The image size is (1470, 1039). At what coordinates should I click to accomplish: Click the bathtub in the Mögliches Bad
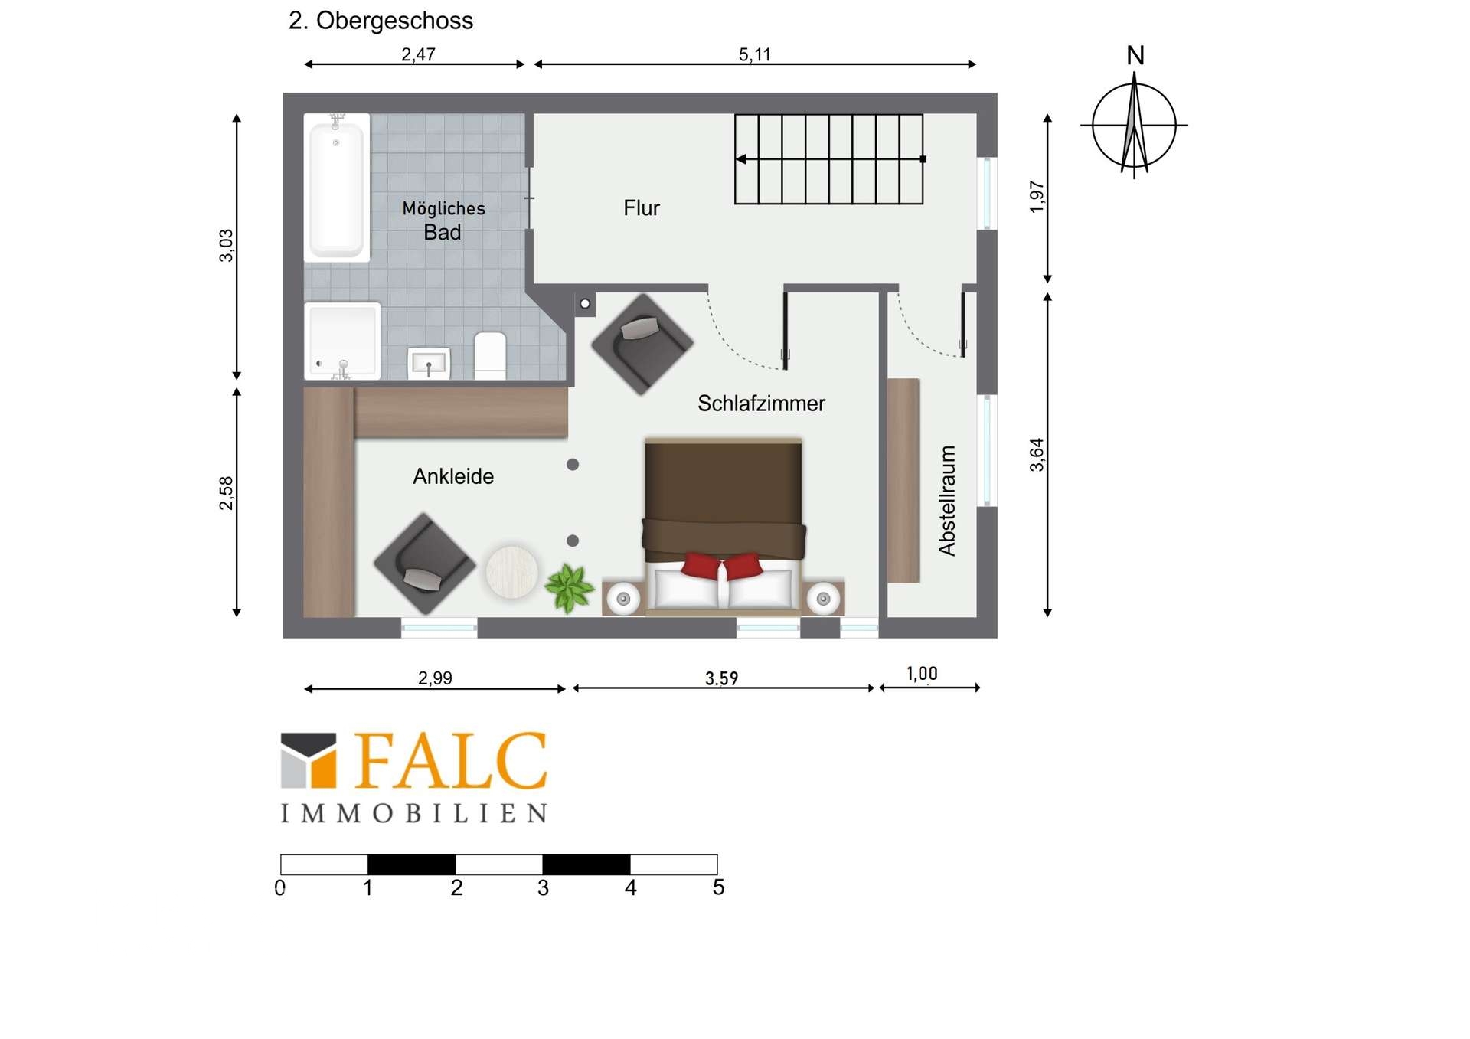point(337,188)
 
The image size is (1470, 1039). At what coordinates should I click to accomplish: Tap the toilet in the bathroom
point(490,355)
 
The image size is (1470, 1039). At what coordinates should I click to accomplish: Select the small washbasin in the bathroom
point(429,363)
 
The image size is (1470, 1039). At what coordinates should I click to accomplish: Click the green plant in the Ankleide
point(569,588)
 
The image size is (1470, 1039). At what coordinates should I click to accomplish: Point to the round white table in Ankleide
point(511,570)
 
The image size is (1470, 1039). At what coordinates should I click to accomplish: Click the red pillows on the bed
point(722,567)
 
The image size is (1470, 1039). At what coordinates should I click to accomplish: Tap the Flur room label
point(642,208)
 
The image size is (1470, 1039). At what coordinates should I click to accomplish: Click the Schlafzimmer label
point(761,404)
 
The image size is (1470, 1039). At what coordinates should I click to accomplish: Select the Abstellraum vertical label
point(947,501)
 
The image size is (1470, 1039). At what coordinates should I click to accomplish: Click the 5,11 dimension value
point(754,54)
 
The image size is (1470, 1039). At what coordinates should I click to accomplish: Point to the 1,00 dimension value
point(922,674)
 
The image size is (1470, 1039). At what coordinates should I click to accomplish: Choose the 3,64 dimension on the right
point(1037,455)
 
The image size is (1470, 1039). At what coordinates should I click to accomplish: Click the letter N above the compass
point(1135,55)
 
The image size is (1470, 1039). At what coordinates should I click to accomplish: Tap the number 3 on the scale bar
point(543,888)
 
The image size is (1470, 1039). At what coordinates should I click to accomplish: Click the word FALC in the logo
point(451,761)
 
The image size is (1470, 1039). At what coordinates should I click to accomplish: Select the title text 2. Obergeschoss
point(381,21)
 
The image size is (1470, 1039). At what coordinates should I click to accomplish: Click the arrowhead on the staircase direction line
point(740,159)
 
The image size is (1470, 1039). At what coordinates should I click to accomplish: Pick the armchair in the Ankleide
point(424,564)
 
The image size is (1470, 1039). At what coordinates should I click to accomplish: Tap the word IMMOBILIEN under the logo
point(414,813)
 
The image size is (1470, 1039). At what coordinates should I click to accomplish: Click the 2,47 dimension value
point(418,54)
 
